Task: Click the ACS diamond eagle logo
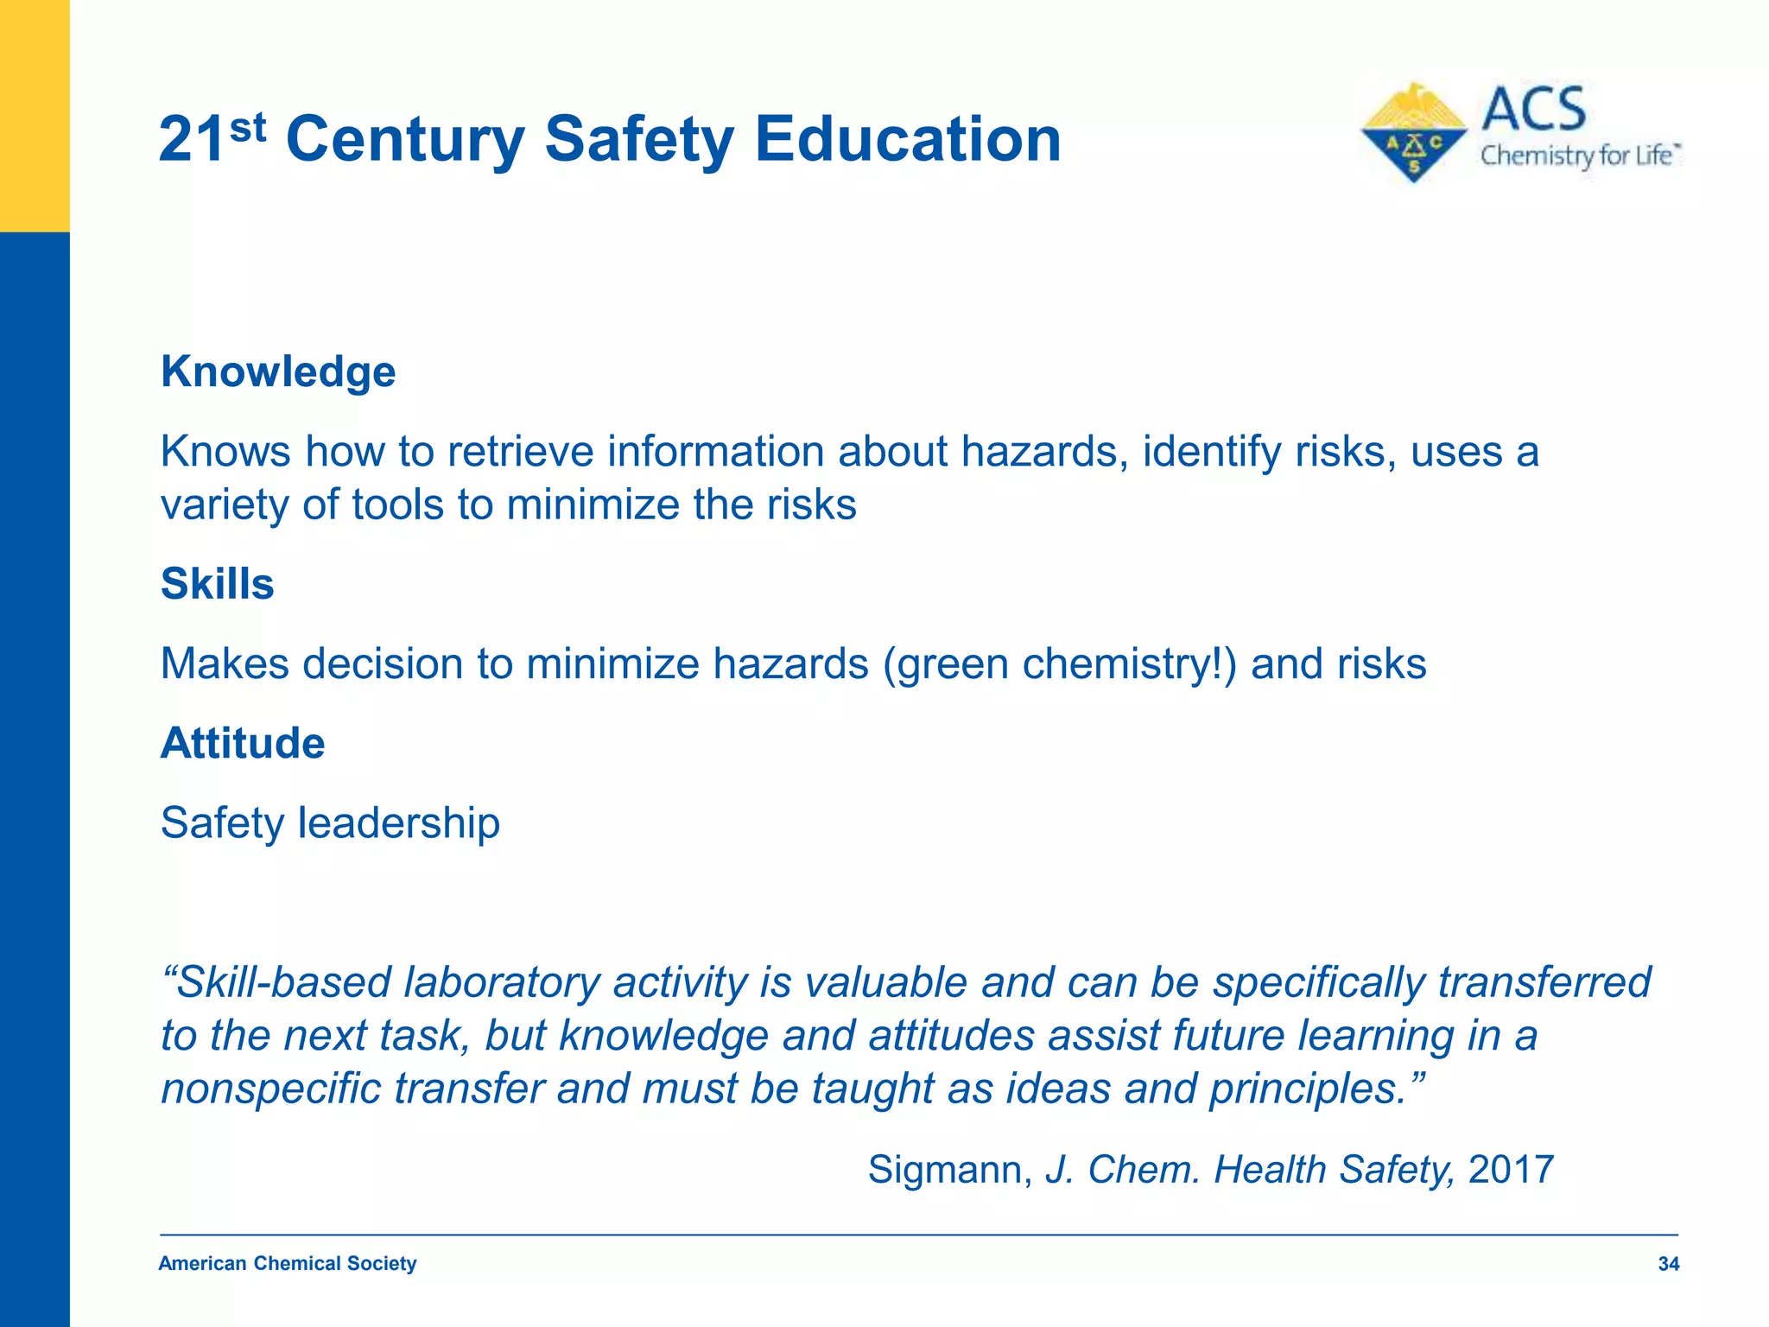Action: pos(1413,132)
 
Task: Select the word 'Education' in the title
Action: pos(907,139)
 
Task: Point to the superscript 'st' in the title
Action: pos(249,128)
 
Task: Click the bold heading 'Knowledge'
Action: pos(278,371)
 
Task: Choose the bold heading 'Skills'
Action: pos(218,584)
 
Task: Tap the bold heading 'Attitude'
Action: pos(243,743)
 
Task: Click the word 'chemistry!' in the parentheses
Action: pos(1122,664)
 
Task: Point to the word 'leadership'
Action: pos(398,822)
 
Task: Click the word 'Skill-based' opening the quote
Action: pos(276,982)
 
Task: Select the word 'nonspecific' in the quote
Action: pos(270,1089)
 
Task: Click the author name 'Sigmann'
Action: pos(949,1170)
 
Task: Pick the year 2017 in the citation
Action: pos(1511,1170)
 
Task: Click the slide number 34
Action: pos(1668,1264)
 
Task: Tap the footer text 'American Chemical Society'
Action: pos(287,1264)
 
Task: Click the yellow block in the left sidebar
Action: pos(35,116)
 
